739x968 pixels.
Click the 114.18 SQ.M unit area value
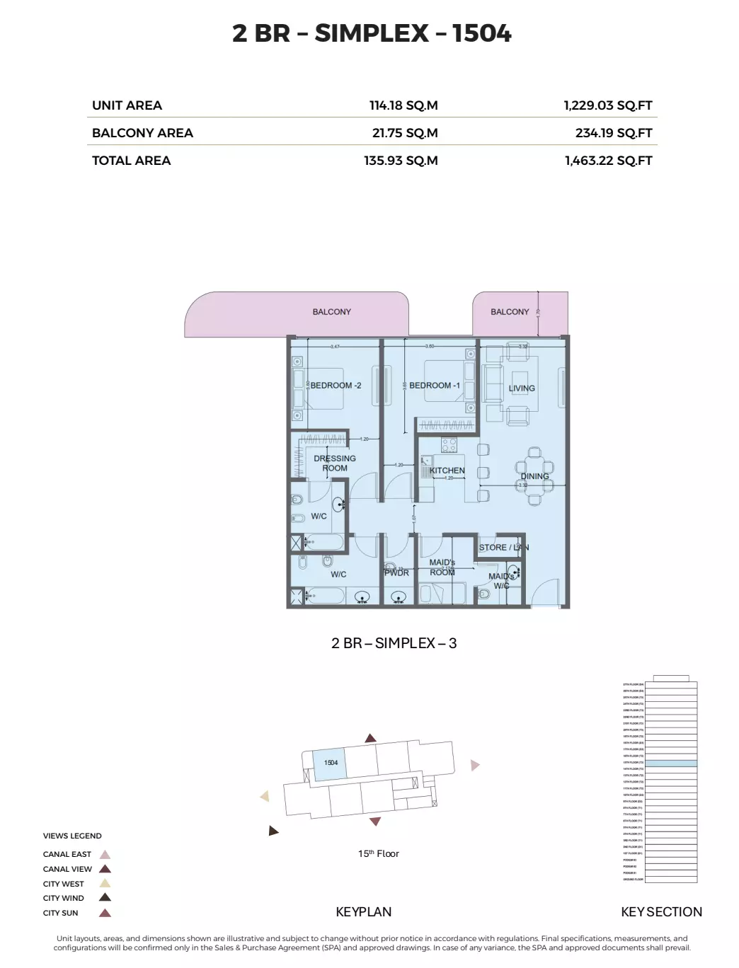point(403,105)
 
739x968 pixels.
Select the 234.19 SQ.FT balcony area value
point(613,133)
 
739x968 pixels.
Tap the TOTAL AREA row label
point(131,161)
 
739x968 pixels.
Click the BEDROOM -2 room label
point(336,386)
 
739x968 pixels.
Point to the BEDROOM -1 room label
point(435,386)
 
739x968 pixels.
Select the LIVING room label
point(522,388)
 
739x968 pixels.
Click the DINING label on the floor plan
point(535,476)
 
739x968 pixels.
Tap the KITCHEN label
point(447,471)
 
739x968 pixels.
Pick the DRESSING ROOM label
point(335,463)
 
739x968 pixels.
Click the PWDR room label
point(396,573)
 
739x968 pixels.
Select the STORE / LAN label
point(503,548)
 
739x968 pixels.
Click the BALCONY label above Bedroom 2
point(331,312)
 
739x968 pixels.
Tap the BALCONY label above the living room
point(510,312)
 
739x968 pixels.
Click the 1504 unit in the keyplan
point(331,764)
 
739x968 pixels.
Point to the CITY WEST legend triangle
point(105,884)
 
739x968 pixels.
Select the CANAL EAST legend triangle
point(105,855)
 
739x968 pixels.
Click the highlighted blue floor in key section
point(670,764)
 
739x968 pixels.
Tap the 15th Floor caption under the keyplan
point(378,854)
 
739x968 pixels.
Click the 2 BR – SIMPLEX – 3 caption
point(394,643)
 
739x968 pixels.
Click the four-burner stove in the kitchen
point(449,445)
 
